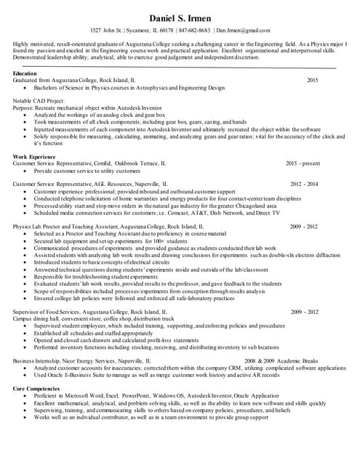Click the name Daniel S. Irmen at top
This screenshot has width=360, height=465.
pyautogui.click(x=179, y=17)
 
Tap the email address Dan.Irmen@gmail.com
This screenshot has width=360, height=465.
pyautogui.click(x=243, y=31)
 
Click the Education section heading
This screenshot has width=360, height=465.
pyautogui.click(x=25, y=74)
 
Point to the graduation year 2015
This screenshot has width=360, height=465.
pyautogui.click(x=313, y=80)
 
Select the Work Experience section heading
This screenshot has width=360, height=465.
pyautogui.click(x=34, y=157)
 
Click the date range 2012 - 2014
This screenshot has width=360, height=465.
pyautogui.click(x=304, y=185)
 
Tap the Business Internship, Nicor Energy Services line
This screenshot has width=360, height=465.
pyautogui.click(x=82, y=360)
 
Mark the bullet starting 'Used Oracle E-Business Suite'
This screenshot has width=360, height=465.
pyautogui.click(x=156, y=374)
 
